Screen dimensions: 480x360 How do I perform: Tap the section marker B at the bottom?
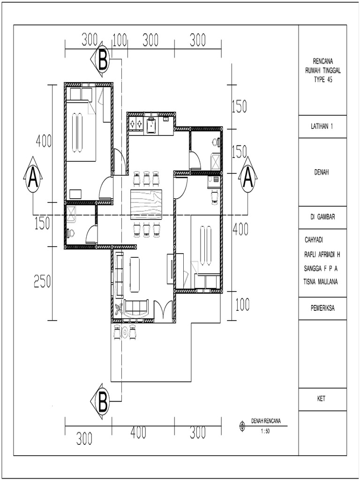tap(103, 402)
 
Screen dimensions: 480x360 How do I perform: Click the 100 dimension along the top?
tap(120, 41)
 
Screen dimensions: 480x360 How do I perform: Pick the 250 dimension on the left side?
tap(42, 281)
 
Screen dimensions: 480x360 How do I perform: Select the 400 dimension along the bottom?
tap(138, 433)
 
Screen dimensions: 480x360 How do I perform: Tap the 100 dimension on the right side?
tap(242, 306)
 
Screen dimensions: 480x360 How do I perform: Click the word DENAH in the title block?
tap(322, 172)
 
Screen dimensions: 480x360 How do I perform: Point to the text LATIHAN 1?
tap(322, 127)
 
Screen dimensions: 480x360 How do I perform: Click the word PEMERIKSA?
tap(322, 308)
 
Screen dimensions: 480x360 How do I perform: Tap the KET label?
tap(322, 399)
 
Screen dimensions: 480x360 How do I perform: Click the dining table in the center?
tap(146, 204)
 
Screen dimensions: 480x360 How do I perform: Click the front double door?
tap(163, 311)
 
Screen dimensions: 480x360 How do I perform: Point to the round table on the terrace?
tap(125, 332)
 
